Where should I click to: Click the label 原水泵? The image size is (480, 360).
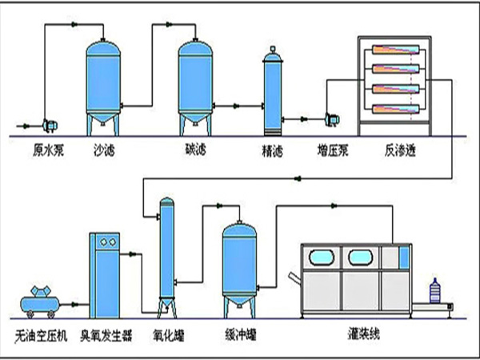[47, 150]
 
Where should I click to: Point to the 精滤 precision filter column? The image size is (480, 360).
[274, 92]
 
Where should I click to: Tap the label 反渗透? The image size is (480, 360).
[392, 150]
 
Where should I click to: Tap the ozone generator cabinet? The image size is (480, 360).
[107, 272]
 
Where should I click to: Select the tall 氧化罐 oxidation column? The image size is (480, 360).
[166, 252]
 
